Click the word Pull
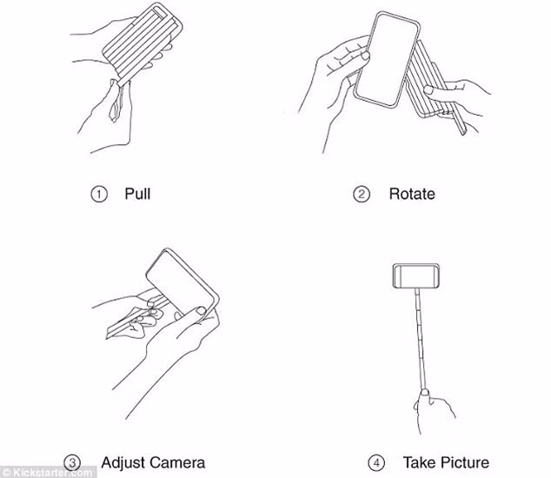pos(137,194)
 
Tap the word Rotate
pos(412,194)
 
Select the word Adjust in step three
pos(123,463)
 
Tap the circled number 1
pos(99,194)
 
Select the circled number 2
pos(362,194)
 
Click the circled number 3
pos(72,463)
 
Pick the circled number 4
pos(376,463)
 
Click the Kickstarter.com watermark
pos(49,472)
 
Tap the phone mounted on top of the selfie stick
pos(416,276)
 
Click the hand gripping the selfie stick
pos(435,410)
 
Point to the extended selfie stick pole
pos(421,339)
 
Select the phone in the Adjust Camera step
pos(183,283)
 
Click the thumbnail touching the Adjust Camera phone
pos(201,311)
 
